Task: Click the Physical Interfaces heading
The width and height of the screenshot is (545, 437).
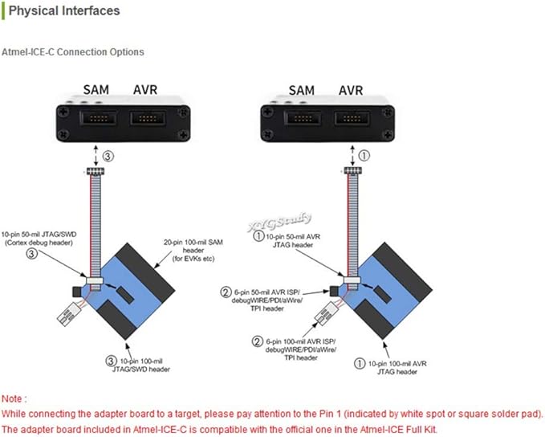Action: pyautogui.click(x=64, y=10)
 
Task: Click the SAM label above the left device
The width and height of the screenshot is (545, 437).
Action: pyautogui.click(x=96, y=90)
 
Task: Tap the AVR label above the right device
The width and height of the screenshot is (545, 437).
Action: pyautogui.click(x=351, y=91)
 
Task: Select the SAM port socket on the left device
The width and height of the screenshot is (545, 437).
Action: pyautogui.click(x=98, y=118)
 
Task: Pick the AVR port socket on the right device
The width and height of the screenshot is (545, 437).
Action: pyautogui.click(x=352, y=119)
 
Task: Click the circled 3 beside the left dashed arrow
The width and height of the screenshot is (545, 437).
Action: pyautogui.click(x=108, y=156)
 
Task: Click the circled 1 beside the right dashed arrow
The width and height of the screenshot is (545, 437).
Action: pyautogui.click(x=364, y=155)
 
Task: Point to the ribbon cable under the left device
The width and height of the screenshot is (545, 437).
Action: pyautogui.click(x=96, y=226)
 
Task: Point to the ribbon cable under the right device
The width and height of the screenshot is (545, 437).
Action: pyautogui.click(x=352, y=226)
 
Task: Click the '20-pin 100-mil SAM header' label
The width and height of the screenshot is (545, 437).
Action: pyautogui.click(x=193, y=250)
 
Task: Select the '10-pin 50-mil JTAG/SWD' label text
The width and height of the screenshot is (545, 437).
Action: pyautogui.click(x=39, y=234)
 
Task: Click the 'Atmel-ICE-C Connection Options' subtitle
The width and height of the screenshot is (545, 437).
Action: pyautogui.click(x=73, y=52)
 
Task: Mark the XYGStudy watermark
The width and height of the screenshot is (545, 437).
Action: pyautogui.click(x=280, y=222)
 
